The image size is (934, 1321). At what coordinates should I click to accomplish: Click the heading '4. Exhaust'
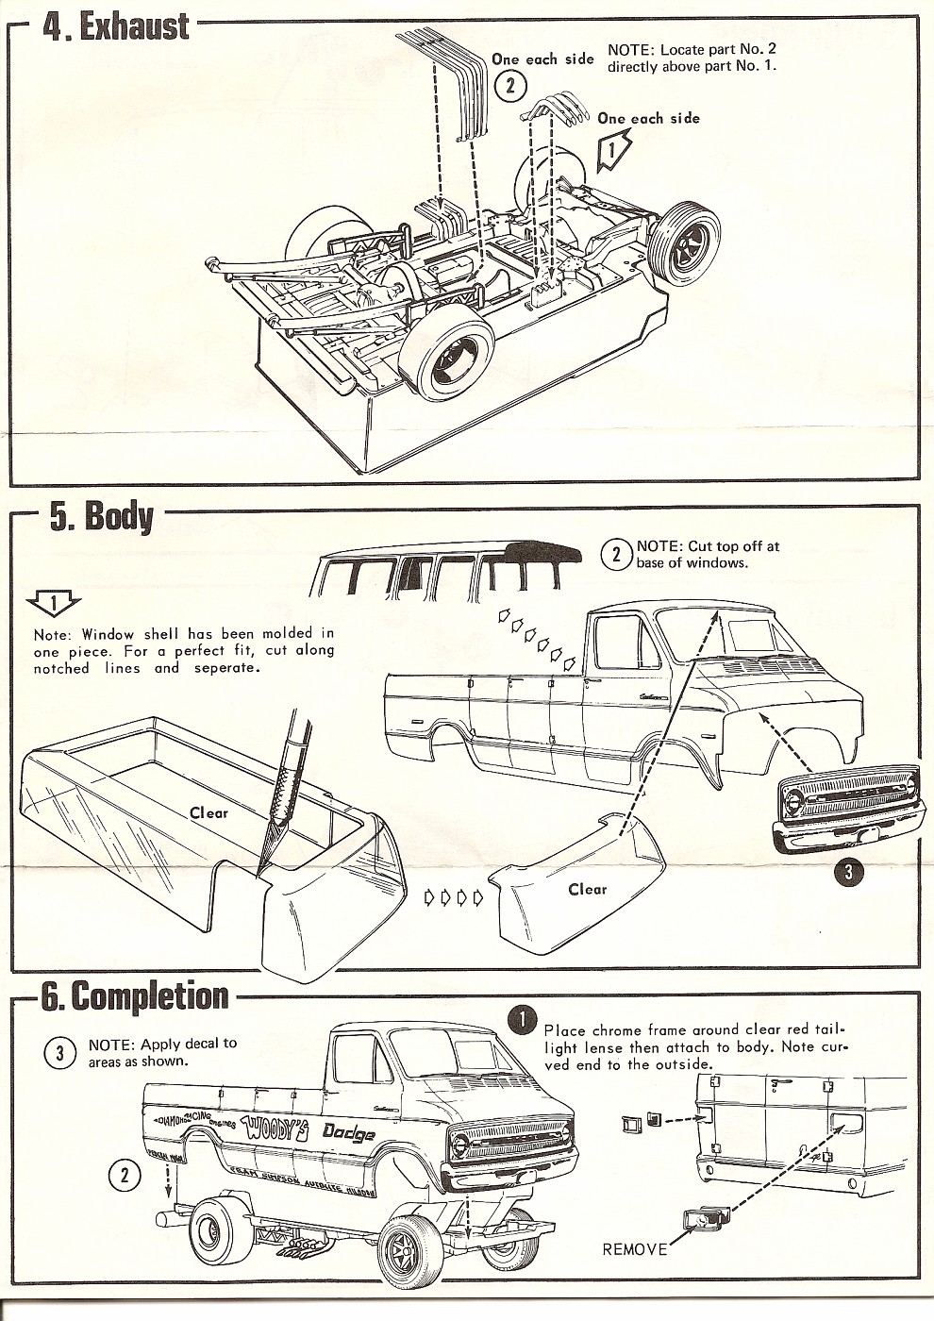click(117, 26)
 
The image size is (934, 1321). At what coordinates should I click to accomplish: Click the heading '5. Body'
click(102, 516)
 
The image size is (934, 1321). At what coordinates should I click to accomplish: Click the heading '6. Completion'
click(135, 996)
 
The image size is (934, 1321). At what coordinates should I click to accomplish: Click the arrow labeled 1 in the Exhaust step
click(611, 148)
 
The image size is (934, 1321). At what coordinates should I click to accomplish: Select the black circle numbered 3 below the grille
click(847, 872)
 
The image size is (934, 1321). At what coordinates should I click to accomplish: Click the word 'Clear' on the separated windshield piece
click(587, 889)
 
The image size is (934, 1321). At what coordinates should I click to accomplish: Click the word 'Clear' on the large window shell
click(208, 811)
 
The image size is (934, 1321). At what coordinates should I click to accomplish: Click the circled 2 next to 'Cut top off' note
click(615, 555)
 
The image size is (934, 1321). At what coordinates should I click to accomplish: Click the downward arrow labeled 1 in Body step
click(55, 602)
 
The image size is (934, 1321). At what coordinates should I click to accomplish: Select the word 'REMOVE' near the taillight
click(634, 1249)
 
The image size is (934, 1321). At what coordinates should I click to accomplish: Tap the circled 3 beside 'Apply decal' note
click(59, 1054)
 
